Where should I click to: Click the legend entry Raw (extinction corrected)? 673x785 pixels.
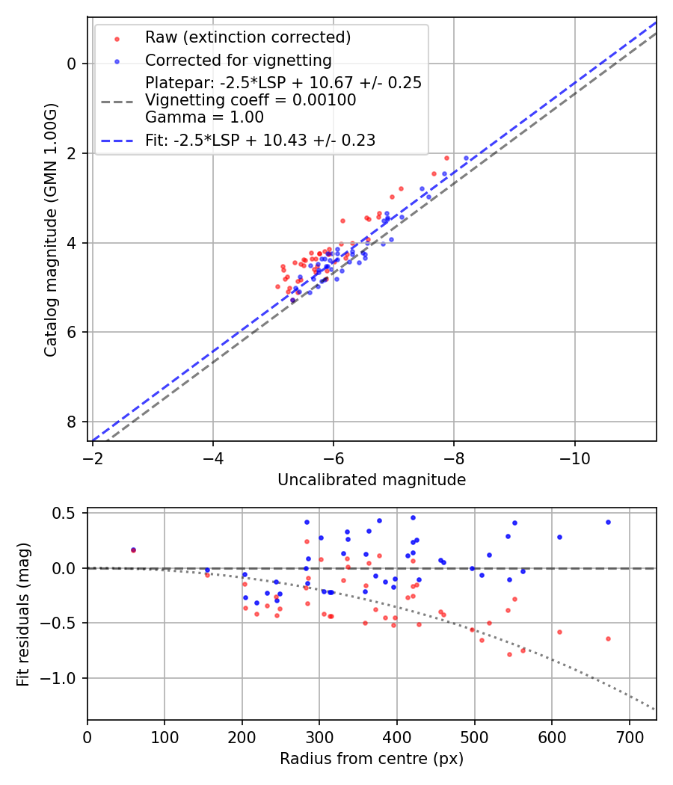(248, 37)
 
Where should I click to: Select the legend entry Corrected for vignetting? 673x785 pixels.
(239, 60)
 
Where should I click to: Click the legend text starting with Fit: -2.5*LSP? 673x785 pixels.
(260, 140)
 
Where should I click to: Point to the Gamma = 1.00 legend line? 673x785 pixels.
(204, 117)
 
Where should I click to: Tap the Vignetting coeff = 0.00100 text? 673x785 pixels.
(251, 100)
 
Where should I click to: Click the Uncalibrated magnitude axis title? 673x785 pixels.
(372, 480)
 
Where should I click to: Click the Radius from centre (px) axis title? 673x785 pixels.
(372, 759)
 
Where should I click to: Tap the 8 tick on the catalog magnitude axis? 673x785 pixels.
(73, 422)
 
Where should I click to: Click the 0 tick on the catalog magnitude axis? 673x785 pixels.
(73, 64)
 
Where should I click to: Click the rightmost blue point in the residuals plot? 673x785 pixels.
(608, 522)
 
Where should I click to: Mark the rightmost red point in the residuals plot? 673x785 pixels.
(608, 638)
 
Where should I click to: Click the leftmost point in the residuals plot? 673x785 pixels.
(133, 549)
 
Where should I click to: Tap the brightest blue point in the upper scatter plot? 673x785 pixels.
(466, 158)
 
